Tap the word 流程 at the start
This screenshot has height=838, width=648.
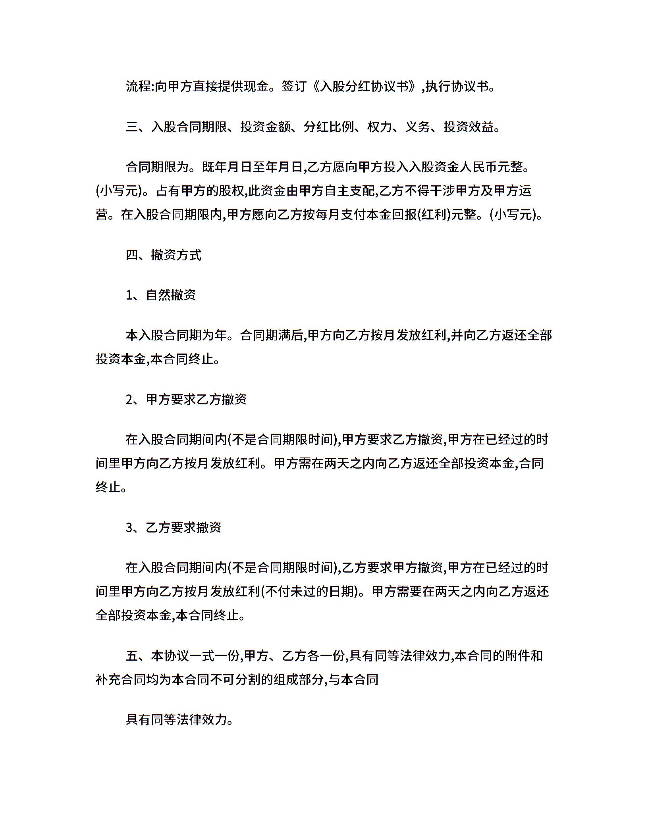coord(138,86)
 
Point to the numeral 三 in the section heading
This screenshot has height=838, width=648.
coord(132,127)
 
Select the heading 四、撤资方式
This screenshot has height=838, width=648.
coord(164,255)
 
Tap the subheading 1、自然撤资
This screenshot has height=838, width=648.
coord(161,295)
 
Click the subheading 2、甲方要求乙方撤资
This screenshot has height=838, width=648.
coord(186,400)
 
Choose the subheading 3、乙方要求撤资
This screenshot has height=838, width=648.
coord(174,528)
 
